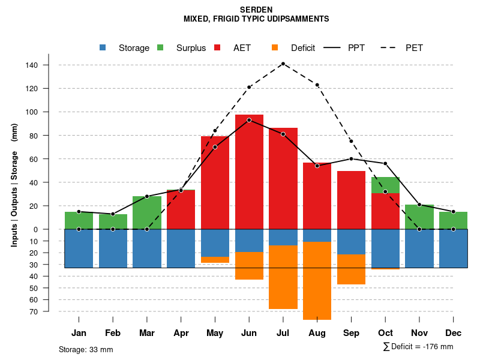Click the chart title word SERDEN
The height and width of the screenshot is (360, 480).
coord(256,10)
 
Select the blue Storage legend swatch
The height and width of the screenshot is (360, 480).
coord(103,47)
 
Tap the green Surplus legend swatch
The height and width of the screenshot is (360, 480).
coord(160,47)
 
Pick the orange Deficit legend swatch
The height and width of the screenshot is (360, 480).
coord(275,47)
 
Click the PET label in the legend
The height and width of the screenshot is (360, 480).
coord(414,48)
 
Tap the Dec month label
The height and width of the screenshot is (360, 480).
coord(453,333)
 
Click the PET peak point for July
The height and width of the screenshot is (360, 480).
coord(283,64)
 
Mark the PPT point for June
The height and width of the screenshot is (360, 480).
coord(249,120)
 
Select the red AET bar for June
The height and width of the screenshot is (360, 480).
coord(249,174)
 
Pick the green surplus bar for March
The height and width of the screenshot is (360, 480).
coord(147,213)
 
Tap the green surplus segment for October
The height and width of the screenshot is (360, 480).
coord(385,185)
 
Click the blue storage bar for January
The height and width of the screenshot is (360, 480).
coord(79,248)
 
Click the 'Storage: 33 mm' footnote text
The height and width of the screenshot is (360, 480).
coord(86,349)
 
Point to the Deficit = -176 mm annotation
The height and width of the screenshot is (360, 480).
coord(418,347)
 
